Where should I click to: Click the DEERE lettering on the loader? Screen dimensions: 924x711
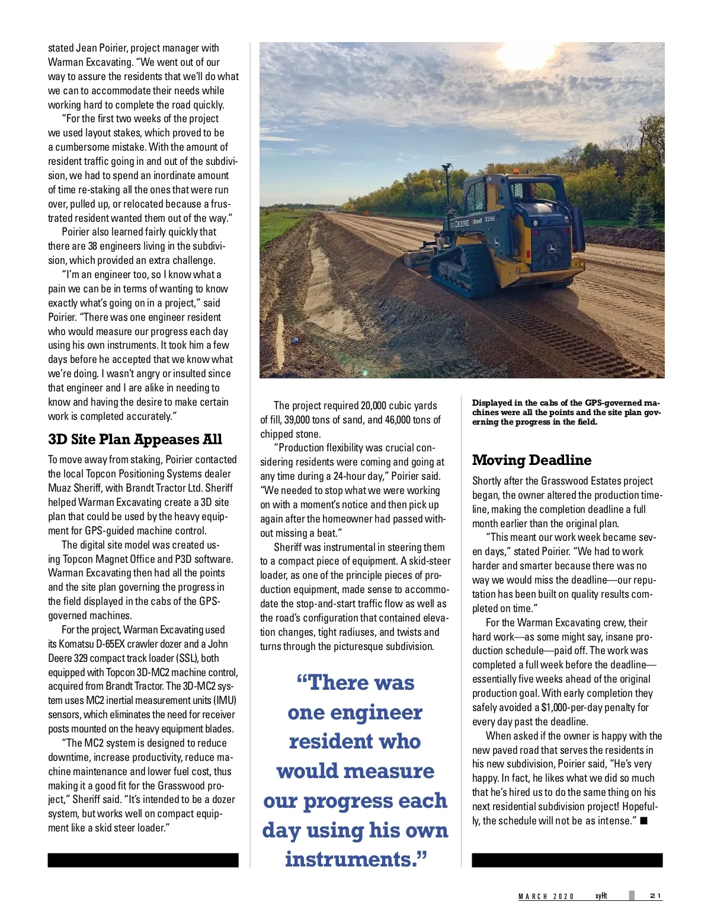(462, 223)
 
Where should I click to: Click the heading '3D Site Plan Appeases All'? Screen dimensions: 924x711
(135, 439)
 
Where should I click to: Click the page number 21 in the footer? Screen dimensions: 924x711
(655, 896)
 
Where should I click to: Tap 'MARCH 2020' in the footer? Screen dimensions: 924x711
(546, 896)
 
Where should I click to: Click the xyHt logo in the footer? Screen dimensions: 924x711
(601, 896)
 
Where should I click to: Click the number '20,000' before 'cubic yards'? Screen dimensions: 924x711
(373, 406)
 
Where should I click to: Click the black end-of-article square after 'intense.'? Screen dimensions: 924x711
(644, 821)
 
